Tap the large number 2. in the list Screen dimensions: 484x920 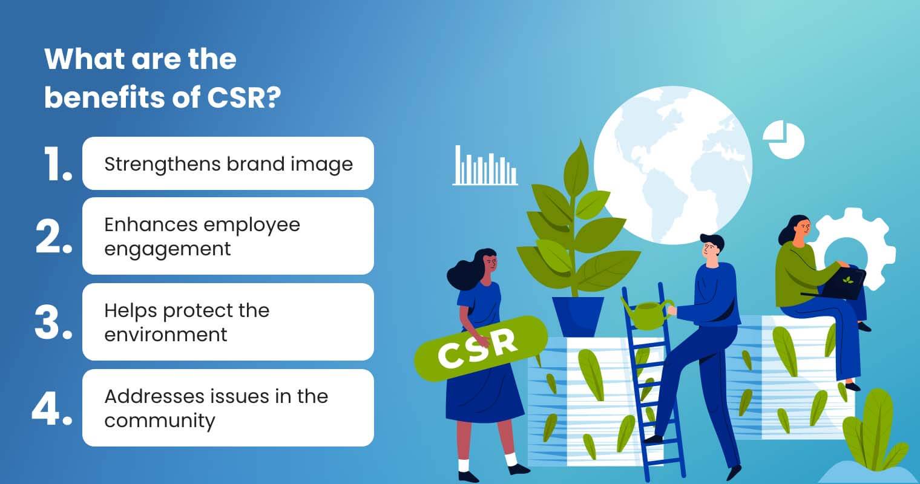[x=54, y=236]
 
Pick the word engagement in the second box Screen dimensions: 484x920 [x=167, y=249]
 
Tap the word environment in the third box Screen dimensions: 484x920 [x=165, y=335]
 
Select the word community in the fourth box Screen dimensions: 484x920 [x=159, y=420]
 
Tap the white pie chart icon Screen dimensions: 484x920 [x=783, y=139]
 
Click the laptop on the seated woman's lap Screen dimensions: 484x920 [x=843, y=283]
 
